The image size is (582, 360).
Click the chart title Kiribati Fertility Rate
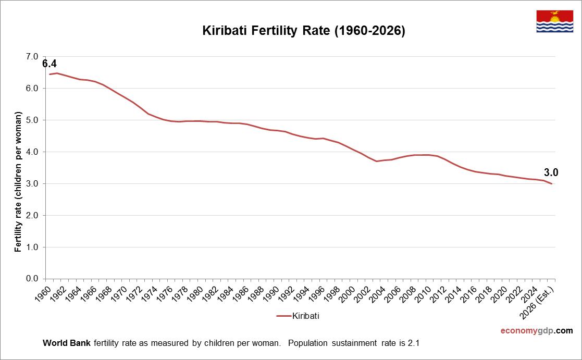(303, 31)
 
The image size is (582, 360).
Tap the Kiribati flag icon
(554, 21)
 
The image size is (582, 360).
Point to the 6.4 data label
(49, 64)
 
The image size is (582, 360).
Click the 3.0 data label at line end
(551, 172)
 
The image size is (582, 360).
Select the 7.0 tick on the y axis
(32, 56)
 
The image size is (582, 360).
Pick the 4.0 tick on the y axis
(32, 152)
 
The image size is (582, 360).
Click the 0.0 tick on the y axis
(32, 279)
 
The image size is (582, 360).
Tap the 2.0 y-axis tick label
(32, 215)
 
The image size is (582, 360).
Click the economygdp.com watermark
(536, 331)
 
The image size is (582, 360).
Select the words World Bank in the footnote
(66, 343)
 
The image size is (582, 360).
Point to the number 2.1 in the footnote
(414, 343)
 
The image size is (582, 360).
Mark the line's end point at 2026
(552, 183)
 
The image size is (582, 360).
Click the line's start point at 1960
(49, 74)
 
